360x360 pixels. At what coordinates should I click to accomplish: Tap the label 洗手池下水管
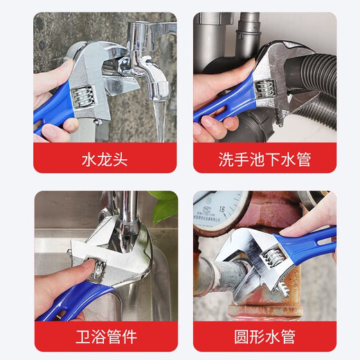[264, 159]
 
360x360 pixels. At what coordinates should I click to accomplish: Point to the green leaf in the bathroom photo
[163, 206]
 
